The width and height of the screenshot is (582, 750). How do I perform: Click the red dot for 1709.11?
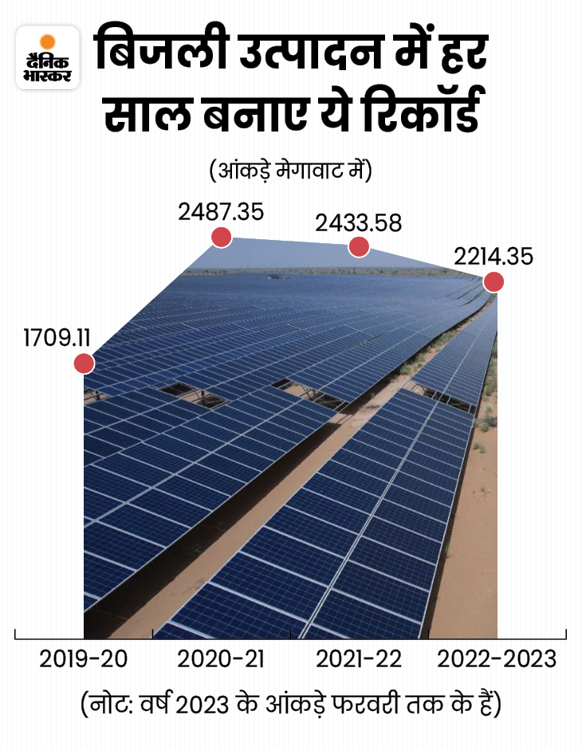84,363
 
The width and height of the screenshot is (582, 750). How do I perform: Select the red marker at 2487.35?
221,237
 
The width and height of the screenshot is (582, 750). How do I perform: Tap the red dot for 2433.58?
359,247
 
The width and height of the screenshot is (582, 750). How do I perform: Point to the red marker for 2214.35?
494,281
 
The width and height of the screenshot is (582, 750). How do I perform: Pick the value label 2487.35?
221,211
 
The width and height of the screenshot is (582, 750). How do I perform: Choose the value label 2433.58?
358,222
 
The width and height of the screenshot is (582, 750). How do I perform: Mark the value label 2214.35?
494,257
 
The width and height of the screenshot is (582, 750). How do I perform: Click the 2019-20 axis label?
84,660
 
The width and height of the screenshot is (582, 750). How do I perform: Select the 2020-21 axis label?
221,660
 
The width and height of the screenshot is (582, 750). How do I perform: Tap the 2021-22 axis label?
359,660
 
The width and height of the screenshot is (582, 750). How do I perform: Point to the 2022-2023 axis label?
497,660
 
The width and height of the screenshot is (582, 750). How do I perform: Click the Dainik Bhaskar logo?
48,57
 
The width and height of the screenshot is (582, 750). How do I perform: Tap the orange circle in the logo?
48,41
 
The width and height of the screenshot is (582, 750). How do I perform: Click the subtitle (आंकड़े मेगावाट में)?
290,170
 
